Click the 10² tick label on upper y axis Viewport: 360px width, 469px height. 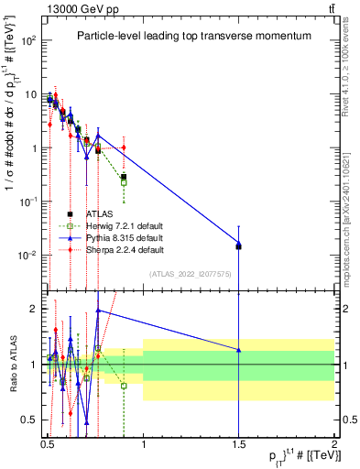click(29, 41)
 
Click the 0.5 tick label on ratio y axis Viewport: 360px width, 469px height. click(29, 420)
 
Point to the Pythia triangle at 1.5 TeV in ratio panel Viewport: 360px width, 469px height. click(238, 350)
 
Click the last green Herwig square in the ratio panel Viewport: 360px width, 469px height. click(124, 386)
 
